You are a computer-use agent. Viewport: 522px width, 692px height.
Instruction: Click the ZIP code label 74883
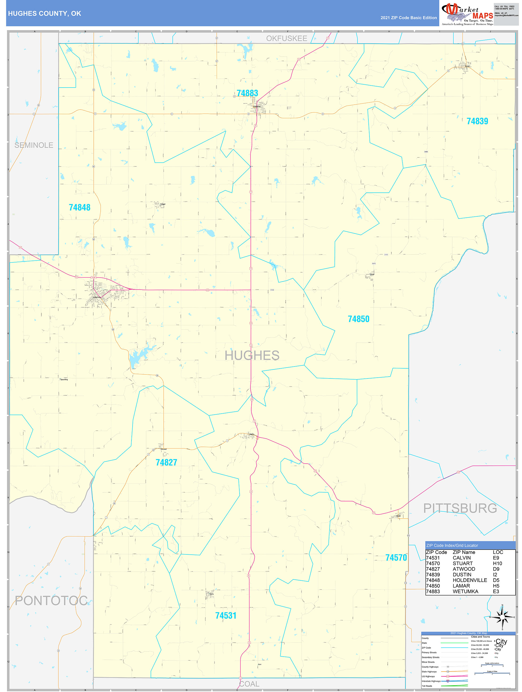pyautogui.click(x=247, y=93)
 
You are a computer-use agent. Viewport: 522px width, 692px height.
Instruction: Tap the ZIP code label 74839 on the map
pyautogui.click(x=477, y=121)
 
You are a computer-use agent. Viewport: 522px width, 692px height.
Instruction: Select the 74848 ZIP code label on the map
pyautogui.click(x=80, y=207)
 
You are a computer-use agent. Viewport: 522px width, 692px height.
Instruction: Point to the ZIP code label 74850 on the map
pyautogui.click(x=358, y=319)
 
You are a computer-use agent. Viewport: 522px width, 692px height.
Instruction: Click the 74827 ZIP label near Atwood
pyautogui.click(x=166, y=462)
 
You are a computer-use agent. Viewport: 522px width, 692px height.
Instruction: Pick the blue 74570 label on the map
pyautogui.click(x=396, y=558)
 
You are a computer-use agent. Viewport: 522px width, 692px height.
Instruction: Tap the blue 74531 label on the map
pyautogui.click(x=226, y=616)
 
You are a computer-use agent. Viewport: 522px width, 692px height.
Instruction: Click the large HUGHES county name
pyautogui.click(x=252, y=355)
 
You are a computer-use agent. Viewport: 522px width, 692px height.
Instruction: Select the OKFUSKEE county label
pyautogui.click(x=286, y=39)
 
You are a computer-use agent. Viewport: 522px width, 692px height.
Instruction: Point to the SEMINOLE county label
pyautogui.click(x=34, y=145)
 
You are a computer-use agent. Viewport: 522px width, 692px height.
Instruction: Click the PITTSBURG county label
pyautogui.click(x=460, y=508)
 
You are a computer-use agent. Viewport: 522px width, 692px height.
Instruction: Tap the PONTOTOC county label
pyautogui.click(x=51, y=601)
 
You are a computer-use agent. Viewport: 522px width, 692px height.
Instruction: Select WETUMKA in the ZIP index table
pyautogui.click(x=465, y=592)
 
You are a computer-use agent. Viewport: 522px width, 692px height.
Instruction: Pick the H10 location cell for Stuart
pyautogui.click(x=497, y=563)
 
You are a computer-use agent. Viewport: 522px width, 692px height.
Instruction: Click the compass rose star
pyautogui.click(x=502, y=617)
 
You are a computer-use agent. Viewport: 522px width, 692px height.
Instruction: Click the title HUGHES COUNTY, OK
pyautogui.click(x=44, y=14)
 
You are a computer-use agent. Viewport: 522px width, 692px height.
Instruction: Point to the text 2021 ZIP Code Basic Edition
pyautogui.click(x=408, y=18)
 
